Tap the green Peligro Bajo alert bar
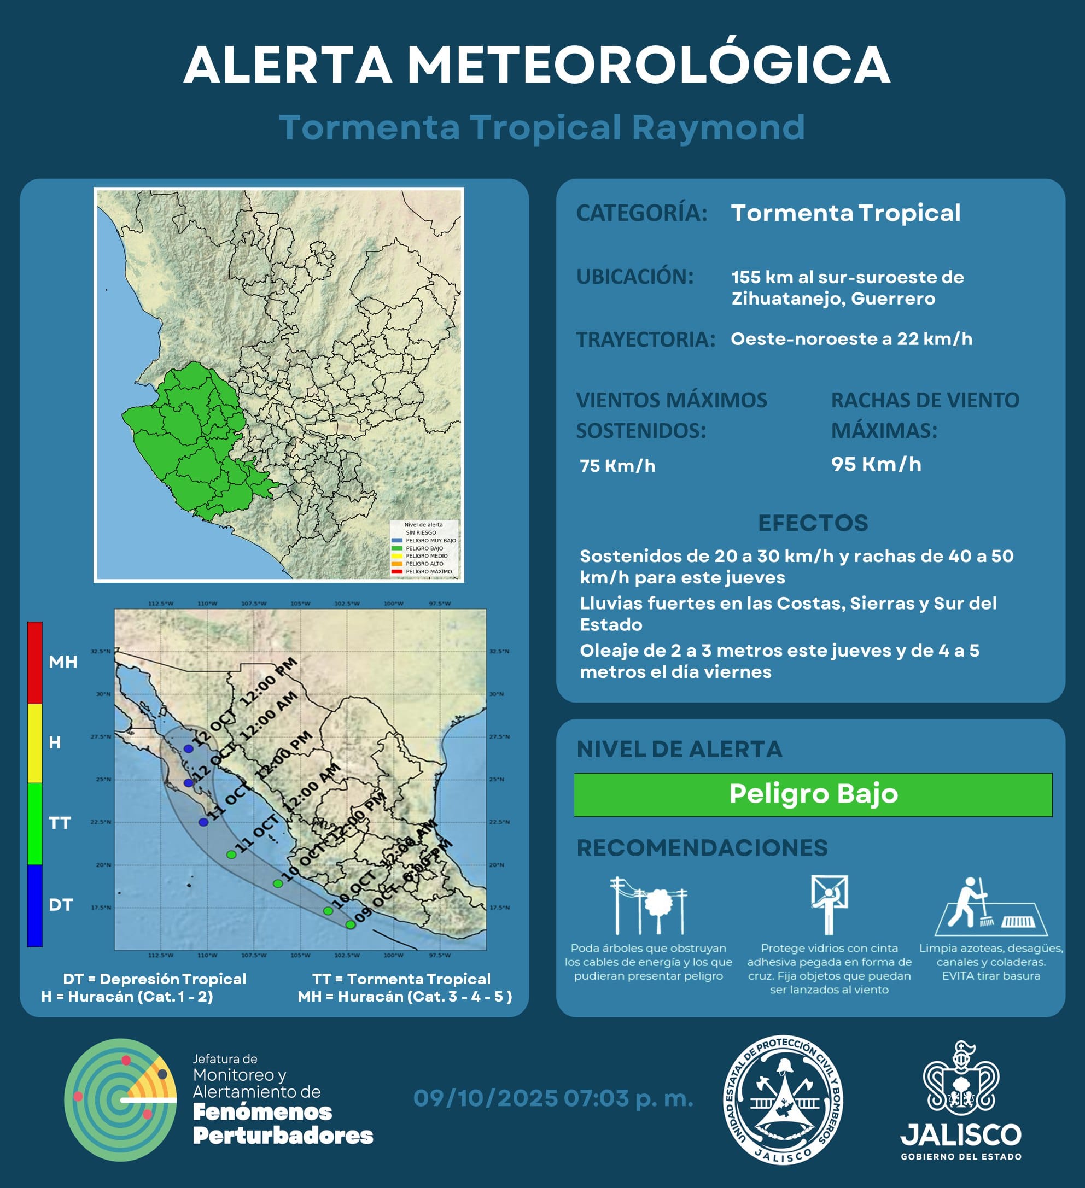point(813,794)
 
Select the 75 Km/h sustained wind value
point(617,466)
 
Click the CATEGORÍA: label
point(641,213)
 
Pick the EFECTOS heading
point(813,523)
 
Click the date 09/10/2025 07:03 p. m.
point(553,1098)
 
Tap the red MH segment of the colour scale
point(35,663)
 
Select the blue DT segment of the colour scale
point(35,905)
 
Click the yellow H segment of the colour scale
point(35,742)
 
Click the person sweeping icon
point(990,906)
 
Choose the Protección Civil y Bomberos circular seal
point(783,1099)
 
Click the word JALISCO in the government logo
point(961,1134)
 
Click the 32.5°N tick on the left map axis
point(101,651)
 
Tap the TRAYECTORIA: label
point(645,340)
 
